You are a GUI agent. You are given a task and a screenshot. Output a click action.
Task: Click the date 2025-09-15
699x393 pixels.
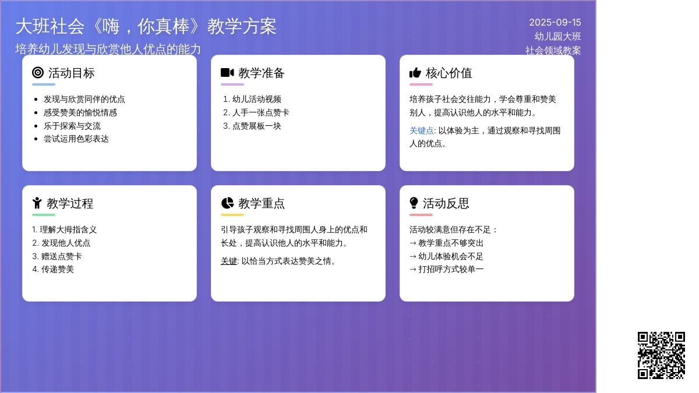pyautogui.click(x=555, y=23)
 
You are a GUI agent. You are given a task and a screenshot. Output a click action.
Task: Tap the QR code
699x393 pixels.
pyautogui.click(x=661, y=355)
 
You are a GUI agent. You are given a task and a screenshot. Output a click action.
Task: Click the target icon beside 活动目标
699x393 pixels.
pyautogui.click(x=38, y=73)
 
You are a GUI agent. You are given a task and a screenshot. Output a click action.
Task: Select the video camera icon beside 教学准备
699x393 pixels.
pyautogui.click(x=227, y=73)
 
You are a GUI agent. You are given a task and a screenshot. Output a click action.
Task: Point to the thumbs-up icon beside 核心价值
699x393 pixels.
pyautogui.click(x=415, y=73)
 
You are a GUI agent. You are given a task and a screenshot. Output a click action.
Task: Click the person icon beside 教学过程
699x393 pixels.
pyautogui.click(x=37, y=203)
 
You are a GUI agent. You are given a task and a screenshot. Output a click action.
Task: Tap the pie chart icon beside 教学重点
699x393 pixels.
pyautogui.click(x=227, y=203)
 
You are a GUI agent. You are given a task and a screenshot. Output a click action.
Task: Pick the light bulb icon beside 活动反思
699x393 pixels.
pyautogui.click(x=414, y=203)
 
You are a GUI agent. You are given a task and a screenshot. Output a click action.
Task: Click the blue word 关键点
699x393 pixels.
pyautogui.click(x=421, y=130)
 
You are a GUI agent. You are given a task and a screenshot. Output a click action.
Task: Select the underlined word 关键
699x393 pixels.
pyautogui.click(x=229, y=261)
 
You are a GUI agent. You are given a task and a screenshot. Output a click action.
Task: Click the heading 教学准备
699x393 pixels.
pyautogui.click(x=262, y=73)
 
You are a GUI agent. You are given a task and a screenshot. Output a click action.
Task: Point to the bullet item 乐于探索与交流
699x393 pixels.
pyautogui.click(x=72, y=126)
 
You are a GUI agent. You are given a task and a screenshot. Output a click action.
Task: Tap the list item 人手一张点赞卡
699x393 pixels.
pyautogui.click(x=260, y=112)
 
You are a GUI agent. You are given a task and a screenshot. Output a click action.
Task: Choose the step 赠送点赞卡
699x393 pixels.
pyautogui.click(x=62, y=256)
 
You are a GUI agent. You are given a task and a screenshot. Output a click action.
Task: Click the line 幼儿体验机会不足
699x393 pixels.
pyautogui.click(x=451, y=256)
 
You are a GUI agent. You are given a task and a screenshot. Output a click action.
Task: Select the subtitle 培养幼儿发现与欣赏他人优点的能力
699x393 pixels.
pyautogui.click(x=108, y=49)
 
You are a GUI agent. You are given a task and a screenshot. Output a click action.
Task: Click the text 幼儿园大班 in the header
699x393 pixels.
pyautogui.click(x=557, y=37)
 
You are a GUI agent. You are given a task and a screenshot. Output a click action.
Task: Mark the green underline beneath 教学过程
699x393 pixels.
pyautogui.click(x=44, y=215)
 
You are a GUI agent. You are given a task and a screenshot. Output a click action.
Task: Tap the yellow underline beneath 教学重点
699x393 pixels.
pyautogui.click(x=232, y=215)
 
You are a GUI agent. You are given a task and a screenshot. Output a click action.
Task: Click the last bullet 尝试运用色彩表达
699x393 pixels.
pyautogui.click(x=76, y=139)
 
